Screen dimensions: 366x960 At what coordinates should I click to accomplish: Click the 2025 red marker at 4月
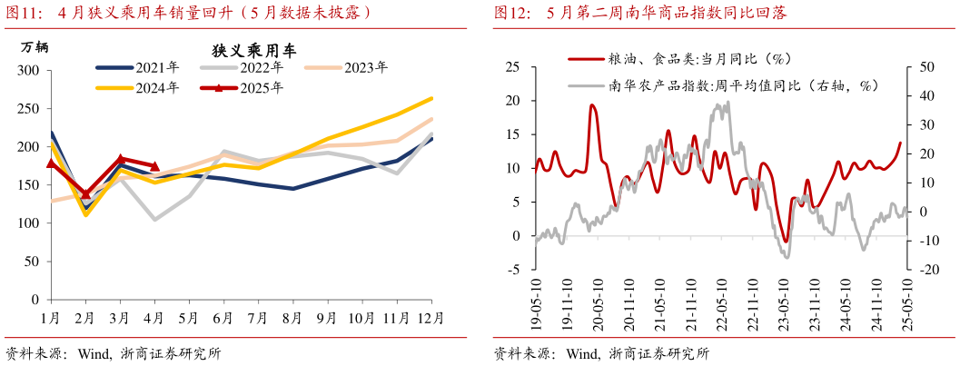[154, 167]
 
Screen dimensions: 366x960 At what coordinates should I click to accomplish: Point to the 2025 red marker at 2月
[86, 193]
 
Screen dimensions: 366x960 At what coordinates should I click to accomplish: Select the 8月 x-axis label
[292, 317]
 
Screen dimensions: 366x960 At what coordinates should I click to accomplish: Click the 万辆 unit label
[33, 46]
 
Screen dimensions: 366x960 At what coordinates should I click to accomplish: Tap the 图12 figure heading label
[511, 13]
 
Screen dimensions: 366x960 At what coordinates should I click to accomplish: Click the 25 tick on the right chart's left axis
[512, 67]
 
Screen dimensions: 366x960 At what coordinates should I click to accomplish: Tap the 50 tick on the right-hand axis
[926, 67]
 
